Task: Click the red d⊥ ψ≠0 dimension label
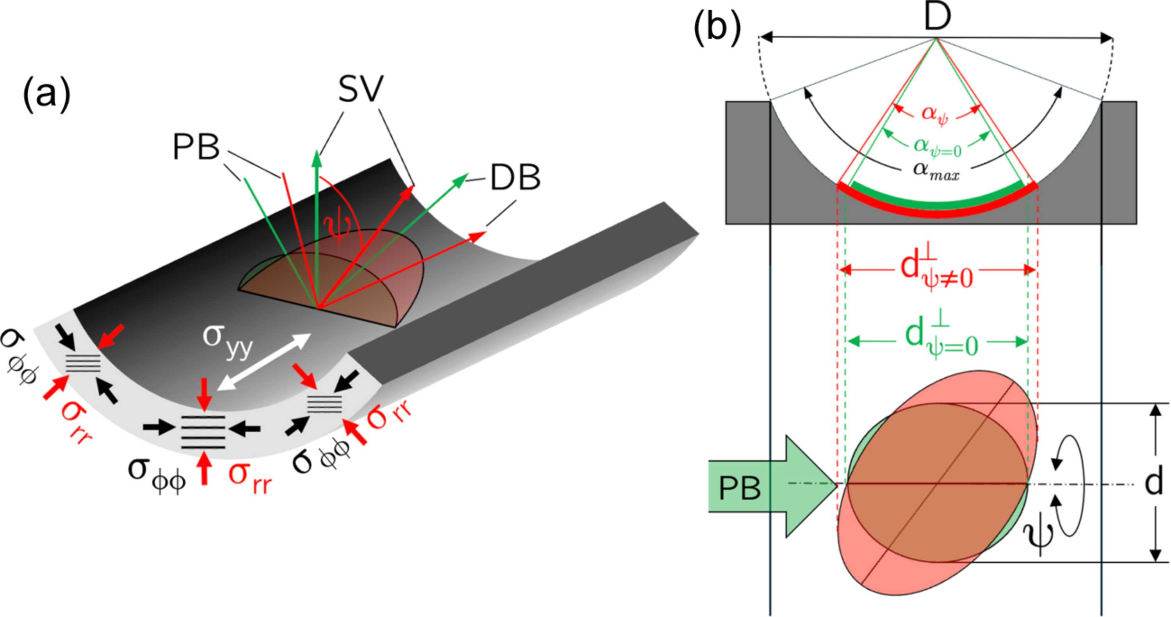[936, 271]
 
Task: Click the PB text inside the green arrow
[740, 489]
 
